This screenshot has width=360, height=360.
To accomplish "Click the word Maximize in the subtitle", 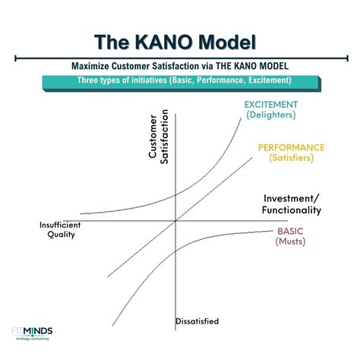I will coord(93,66).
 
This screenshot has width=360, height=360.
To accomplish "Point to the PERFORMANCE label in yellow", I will coord(291,147).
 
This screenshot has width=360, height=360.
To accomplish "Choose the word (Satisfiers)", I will coord(291,158).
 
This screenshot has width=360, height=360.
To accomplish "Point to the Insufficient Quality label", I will coord(59,229).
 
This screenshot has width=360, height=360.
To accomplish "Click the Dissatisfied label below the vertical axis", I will coord(197,321).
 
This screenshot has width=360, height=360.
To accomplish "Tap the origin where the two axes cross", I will coord(175,220).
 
